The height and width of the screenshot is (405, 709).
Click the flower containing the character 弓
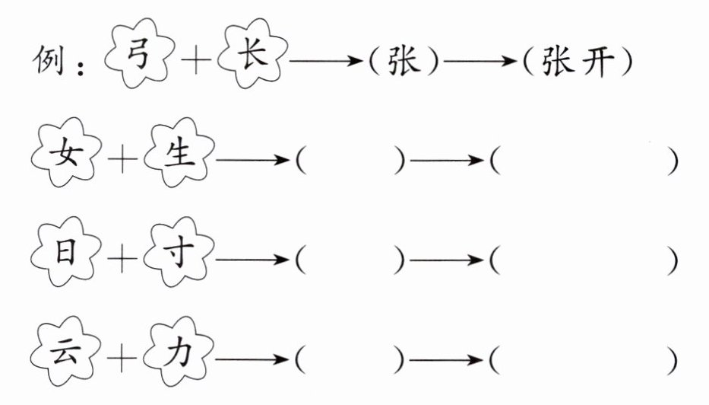click(x=139, y=53)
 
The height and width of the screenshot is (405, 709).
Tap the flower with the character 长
click(x=252, y=53)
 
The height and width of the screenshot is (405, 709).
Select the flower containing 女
click(x=66, y=152)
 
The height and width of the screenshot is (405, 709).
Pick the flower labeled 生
click(x=179, y=152)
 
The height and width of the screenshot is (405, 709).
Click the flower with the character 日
click(x=66, y=251)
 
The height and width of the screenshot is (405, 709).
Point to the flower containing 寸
click(x=179, y=251)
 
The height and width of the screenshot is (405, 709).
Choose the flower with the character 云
click(x=66, y=351)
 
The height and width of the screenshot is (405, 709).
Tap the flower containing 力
click(x=179, y=351)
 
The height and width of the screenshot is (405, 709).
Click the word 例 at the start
click(x=48, y=60)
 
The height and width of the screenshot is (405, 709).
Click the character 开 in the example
click(x=597, y=61)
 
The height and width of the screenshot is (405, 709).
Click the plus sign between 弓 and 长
click(x=196, y=59)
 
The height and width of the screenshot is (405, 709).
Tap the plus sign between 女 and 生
click(x=122, y=158)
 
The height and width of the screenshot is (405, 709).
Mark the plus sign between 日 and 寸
click(x=122, y=258)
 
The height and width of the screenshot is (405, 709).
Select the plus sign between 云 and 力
click(x=122, y=358)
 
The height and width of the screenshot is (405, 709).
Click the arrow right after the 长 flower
click(x=326, y=60)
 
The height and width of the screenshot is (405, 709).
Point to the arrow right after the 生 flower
click(x=252, y=160)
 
